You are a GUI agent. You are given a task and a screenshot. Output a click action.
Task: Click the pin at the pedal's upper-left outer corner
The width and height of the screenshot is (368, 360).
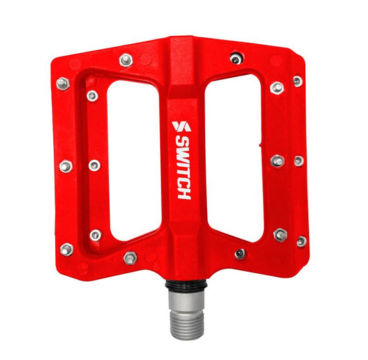click(x=63, y=83)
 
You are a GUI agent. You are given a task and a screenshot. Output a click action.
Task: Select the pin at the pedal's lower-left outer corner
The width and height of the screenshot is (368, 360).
click(x=66, y=249)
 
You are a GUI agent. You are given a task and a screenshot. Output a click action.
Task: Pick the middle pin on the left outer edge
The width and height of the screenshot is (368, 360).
click(x=66, y=166)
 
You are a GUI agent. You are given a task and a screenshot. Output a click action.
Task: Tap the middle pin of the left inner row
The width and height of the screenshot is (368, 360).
click(x=94, y=166)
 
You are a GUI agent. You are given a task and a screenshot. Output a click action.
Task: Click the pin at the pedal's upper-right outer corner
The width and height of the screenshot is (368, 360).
click(x=298, y=81)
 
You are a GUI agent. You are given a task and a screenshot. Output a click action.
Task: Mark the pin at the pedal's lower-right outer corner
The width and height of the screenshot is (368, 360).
click(x=301, y=241)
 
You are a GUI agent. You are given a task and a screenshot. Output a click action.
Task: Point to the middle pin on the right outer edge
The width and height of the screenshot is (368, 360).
click(x=298, y=161)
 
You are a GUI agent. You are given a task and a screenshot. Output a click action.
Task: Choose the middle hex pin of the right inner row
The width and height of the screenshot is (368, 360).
click(x=278, y=161)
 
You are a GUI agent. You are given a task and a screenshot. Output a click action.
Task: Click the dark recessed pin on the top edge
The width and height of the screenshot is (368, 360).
click(x=236, y=59)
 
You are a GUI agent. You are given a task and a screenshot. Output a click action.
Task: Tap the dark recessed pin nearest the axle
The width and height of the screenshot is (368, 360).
click(x=240, y=253)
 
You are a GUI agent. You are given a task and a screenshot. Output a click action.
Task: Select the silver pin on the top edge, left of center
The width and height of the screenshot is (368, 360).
click(x=126, y=60)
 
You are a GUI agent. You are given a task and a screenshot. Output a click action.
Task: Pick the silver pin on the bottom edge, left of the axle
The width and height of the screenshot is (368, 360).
click(x=130, y=258)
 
